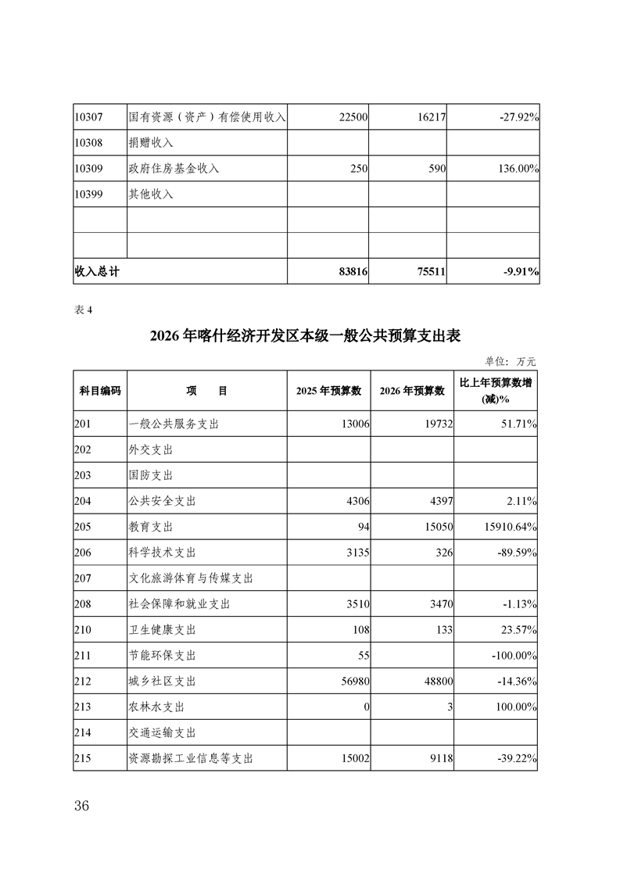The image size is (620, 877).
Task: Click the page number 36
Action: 82,806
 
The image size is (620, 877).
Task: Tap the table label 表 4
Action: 83,310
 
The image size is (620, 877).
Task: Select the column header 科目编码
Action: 100,392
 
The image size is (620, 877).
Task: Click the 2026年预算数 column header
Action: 411,392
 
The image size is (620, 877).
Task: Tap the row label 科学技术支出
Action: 162,553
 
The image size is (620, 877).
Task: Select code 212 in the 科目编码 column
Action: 83,681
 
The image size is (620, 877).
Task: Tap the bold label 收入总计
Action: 97,271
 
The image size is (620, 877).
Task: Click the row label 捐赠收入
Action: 151,143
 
